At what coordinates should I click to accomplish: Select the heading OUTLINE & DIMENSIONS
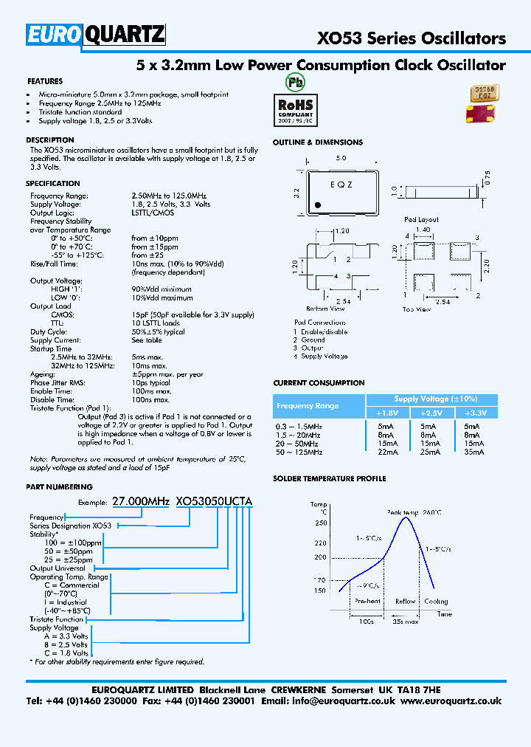coord(318,142)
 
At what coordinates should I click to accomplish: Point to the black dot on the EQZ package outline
coord(317,204)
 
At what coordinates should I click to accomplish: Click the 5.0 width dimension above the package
coord(341,159)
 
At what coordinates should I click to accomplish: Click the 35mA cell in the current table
coord(473,452)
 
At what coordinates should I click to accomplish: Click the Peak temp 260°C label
coord(414,512)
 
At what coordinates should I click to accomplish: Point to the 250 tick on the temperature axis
coord(320,523)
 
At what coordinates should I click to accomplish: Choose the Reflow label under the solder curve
coord(406,602)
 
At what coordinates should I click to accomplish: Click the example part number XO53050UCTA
coord(214,501)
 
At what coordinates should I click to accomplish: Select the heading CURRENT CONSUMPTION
coord(319,383)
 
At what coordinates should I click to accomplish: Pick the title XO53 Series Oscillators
coord(412,38)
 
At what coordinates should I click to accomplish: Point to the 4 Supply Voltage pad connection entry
coord(321,357)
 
